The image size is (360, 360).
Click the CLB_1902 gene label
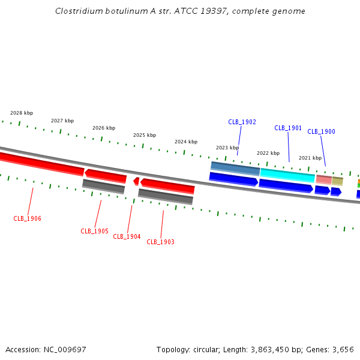[x=242, y=122]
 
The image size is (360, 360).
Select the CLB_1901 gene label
[x=288, y=128]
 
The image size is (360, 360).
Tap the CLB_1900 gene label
[x=321, y=131]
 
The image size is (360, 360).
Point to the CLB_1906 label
[x=28, y=218]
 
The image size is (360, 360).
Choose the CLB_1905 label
[x=94, y=231]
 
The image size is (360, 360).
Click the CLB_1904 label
[x=127, y=236]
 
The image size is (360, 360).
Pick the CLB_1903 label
[x=160, y=242]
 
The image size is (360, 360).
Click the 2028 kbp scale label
[x=22, y=113]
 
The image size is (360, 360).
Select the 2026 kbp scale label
[x=104, y=128]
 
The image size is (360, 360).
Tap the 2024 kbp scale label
[x=186, y=142]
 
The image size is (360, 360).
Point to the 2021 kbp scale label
[x=310, y=158]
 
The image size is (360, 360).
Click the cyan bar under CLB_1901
[x=287, y=175]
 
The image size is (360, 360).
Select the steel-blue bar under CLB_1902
[x=235, y=169]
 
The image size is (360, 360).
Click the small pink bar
[x=324, y=180]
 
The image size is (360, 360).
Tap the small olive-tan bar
[x=337, y=181]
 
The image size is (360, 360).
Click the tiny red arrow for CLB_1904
[x=136, y=181]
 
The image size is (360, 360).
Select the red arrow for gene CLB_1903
[x=167, y=186]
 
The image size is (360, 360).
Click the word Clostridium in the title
[x=79, y=11]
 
